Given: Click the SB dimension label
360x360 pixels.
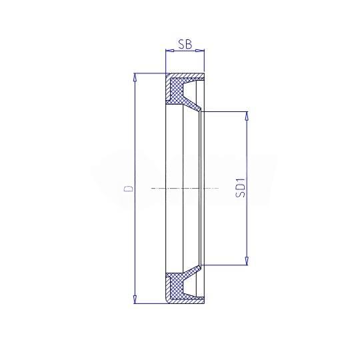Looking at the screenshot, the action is tap(185, 44).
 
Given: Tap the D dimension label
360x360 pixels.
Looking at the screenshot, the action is tap(129, 189).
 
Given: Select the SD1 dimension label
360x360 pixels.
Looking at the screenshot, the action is tap(241, 188).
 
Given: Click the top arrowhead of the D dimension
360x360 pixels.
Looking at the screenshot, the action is tap(135, 77).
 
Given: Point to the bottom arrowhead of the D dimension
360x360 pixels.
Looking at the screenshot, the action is tap(135, 300).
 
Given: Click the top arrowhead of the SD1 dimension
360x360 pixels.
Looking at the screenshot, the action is tap(247, 115).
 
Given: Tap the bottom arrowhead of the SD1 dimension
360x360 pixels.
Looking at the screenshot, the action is tap(247, 261).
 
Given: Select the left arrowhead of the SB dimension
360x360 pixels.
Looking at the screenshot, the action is tap(169, 51).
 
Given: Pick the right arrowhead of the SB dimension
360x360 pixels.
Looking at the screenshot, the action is tap(200, 51).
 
